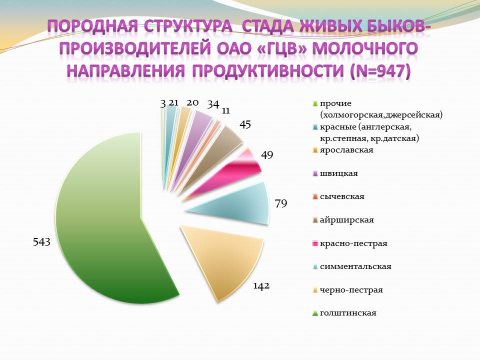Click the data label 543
point(41,242)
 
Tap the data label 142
point(261,286)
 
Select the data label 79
point(280,203)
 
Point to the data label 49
point(266,155)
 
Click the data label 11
point(226,110)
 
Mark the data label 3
point(163,103)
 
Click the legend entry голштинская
point(348,313)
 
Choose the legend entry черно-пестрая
point(351,289)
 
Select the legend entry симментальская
point(355,266)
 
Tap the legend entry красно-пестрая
point(353,243)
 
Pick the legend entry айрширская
point(347,220)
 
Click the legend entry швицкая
point(339,173)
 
